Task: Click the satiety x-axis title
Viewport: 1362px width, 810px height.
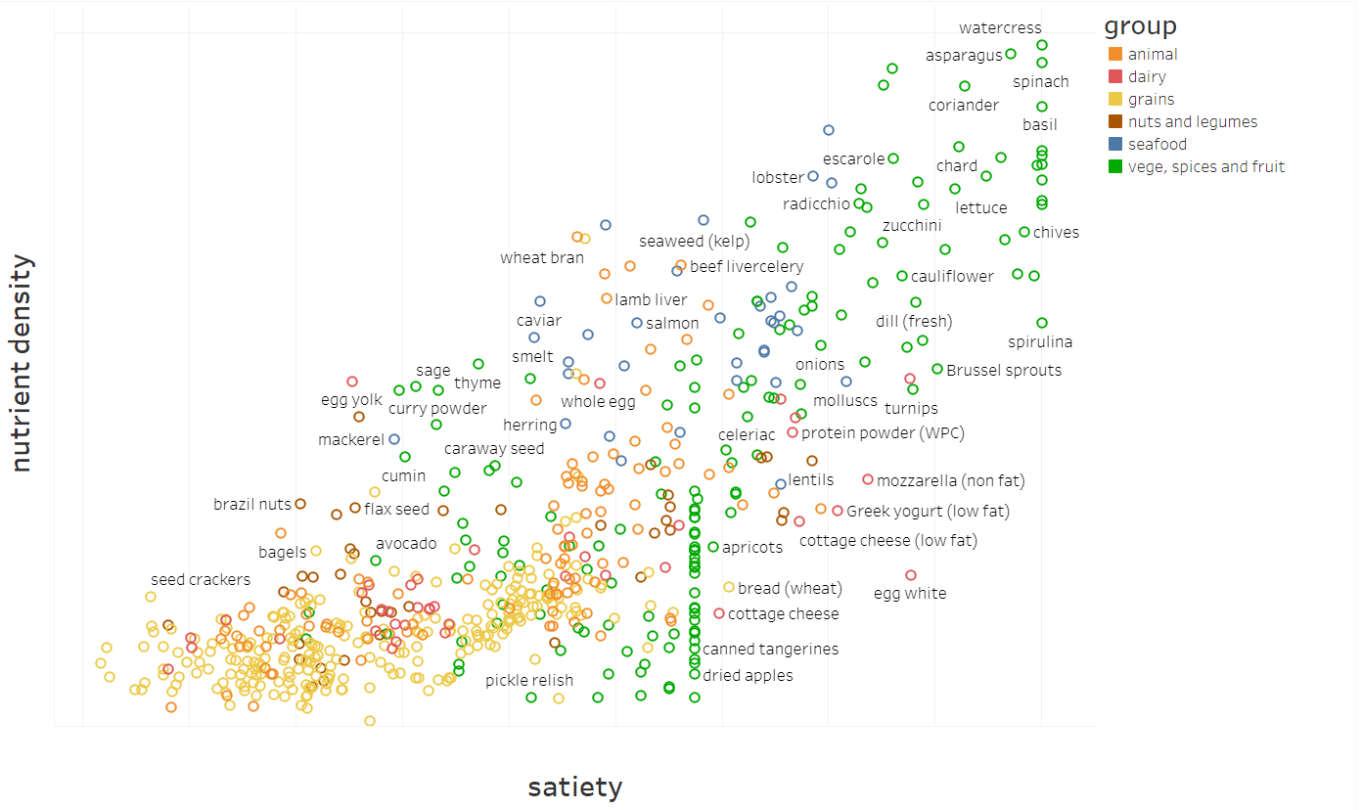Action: pos(574,787)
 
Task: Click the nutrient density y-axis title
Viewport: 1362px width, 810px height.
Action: pos(22,364)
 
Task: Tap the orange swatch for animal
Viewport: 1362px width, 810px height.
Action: pos(1115,55)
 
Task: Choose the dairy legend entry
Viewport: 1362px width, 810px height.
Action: pos(1147,77)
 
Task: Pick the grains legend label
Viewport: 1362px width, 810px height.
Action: pos(1151,100)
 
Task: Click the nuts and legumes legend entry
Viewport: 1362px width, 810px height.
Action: pos(1192,122)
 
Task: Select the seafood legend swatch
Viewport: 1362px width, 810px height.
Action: pos(1115,145)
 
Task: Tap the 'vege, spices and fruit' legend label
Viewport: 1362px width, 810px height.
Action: pos(1205,167)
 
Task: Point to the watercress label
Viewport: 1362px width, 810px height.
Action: pos(1000,28)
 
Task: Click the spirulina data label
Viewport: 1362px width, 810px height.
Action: pos(1040,342)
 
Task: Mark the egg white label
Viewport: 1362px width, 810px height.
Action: pos(910,594)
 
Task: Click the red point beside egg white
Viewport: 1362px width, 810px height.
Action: pos(911,575)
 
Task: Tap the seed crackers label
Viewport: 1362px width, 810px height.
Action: pos(201,580)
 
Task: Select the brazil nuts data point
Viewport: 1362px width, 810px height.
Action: pos(300,504)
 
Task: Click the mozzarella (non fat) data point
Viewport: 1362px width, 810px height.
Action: pos(867,479)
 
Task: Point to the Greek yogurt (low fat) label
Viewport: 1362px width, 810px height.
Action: pos(928,512)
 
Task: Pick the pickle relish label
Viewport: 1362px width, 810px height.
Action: pos(529,681)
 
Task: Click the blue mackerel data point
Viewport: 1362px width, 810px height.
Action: pos(394,439)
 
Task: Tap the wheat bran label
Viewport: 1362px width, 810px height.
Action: pos(542,258)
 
